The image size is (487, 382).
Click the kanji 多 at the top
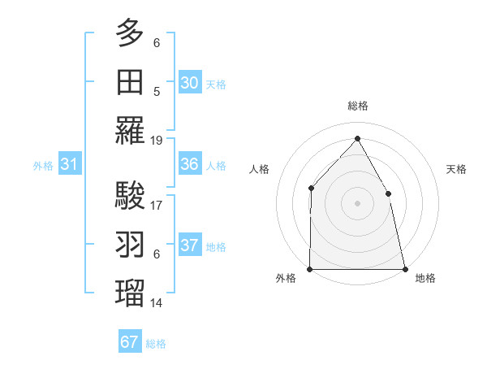click(x=130, y=33)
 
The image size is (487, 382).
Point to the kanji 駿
click(x=130, y=196)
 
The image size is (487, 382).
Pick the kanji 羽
click(x=130, y=245)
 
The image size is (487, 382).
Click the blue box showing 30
click(x=189, y=83)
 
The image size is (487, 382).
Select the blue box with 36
click(x=189, y=164)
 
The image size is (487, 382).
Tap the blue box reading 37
click(x=189, y=245)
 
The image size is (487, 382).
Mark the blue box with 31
click(x=70, y=164)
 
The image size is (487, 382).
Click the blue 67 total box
click(x=130, y=342)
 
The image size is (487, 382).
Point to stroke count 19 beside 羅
click(x=157, y=140)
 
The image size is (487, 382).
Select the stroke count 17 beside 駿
click(x=157, y=206)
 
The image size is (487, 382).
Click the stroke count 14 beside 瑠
click(x=157, y=303)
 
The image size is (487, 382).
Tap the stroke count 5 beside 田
click(x=157, y=91)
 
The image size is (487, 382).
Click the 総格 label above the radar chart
click(x=357, y=106)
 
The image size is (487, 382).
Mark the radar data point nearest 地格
click(x=404, y=269)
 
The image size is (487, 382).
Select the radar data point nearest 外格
click(x=310, y=269)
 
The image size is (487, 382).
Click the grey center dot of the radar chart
click(x=357, y=203)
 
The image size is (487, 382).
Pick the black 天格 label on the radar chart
click(x=456, y=169)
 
